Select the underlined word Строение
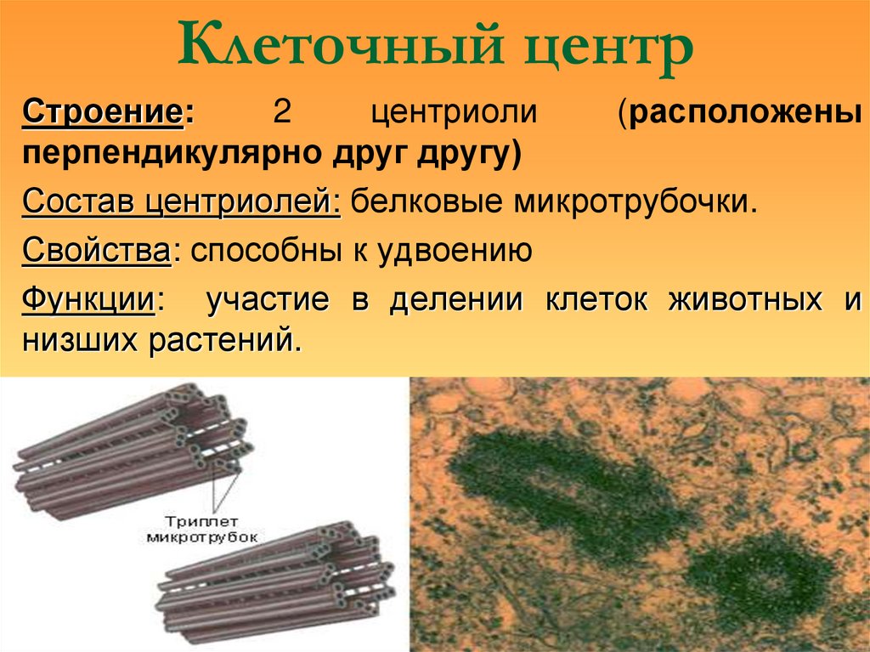(102, 112)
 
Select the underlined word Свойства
(96, 250)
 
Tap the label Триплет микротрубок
(202, 529)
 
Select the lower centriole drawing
(276, 574)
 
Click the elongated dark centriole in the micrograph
(556, 489)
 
